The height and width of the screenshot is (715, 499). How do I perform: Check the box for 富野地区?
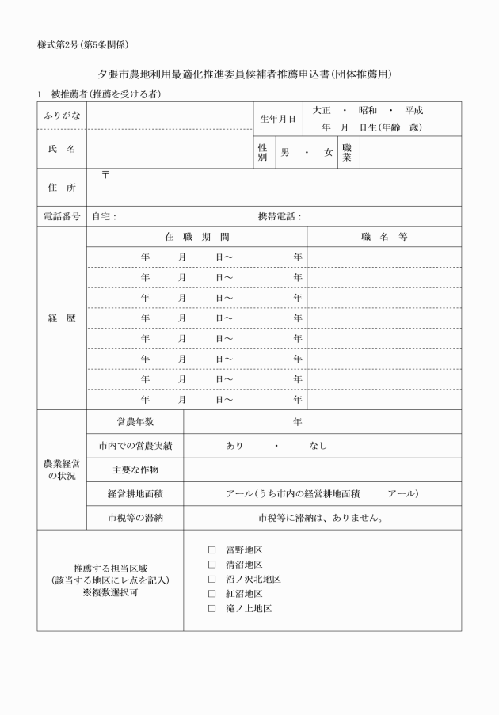211,550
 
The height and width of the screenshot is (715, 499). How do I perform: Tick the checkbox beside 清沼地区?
211,565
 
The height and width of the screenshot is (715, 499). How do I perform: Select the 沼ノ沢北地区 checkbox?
211,579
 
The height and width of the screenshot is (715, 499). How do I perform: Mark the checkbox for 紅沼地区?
211,594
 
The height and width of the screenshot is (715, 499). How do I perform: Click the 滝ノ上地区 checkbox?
211,609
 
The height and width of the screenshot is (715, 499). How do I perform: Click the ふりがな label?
61,115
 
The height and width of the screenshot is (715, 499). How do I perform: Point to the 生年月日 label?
278,119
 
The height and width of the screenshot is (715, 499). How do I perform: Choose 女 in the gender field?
328,152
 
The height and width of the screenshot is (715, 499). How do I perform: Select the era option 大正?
322,110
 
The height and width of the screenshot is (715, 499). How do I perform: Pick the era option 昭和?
367,110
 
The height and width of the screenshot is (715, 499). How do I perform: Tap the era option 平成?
413,110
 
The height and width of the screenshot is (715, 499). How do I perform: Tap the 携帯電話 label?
280,215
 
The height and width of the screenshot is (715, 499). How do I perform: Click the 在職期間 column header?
197,237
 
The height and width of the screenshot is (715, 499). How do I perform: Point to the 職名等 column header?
383,237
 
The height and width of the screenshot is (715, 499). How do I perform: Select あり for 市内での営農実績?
234,446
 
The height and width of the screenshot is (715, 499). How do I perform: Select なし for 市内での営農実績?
318,446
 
